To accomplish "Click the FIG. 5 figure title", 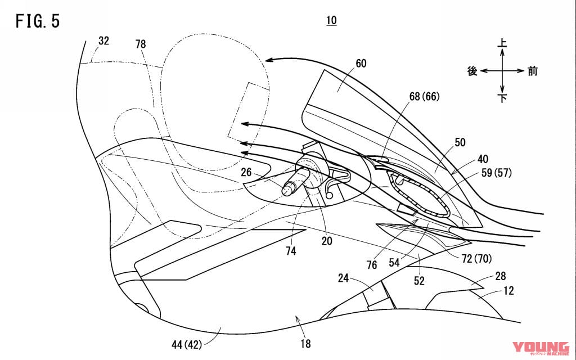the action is pos(38,21).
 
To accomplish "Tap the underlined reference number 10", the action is pos(331,21).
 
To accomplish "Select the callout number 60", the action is pos(361,64).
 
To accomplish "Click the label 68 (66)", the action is pos(424,97).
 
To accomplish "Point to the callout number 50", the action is pos(460,142).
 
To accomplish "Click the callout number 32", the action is pos(103,40).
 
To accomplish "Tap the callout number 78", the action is pos(140,44).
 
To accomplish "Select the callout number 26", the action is pos(246,172).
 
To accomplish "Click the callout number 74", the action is pos(291,251).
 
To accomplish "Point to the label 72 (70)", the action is pos(477,259).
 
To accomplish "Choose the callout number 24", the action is pos(343,278).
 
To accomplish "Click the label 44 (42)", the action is pos(187,345).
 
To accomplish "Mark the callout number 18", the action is pos(305,344).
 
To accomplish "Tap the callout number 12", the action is pos(508,291).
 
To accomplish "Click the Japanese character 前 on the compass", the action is pos(532,71).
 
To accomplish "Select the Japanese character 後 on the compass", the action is pos(472,71).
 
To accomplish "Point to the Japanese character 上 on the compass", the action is pos(502,42).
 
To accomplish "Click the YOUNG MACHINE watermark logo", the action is pos(541,348).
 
